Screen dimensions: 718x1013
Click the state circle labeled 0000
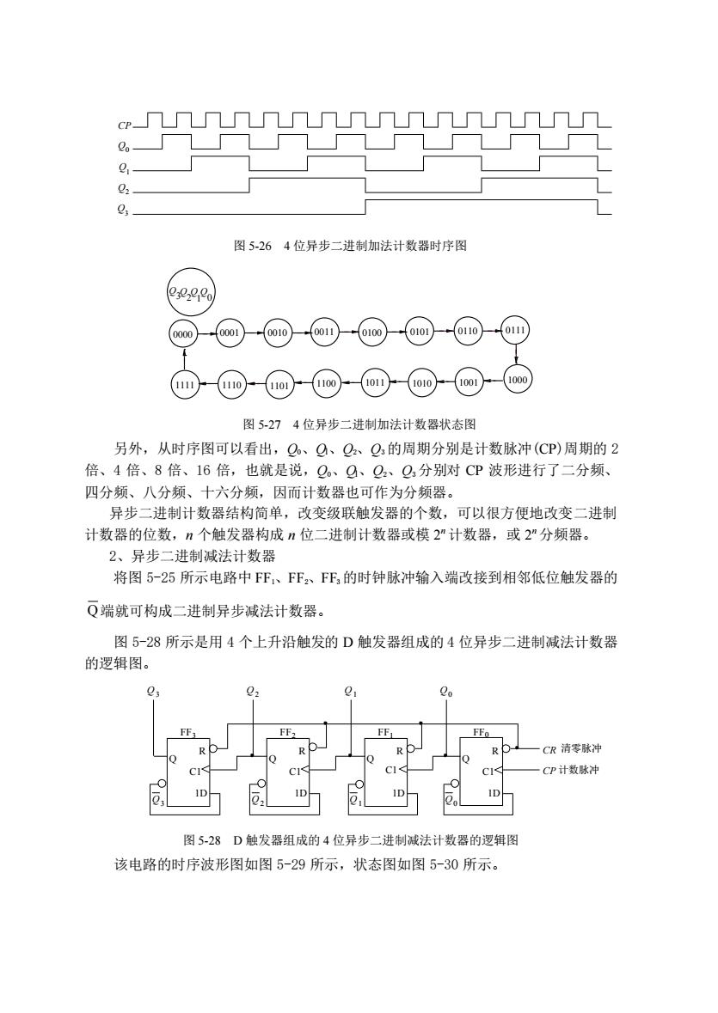(183, 334)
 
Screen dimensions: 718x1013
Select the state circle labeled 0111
(516, 330)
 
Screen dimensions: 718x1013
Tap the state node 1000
(517, 380)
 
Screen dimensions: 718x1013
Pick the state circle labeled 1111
(185, 384)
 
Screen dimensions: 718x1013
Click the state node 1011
(375, 382)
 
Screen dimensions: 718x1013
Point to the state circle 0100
(371, 333)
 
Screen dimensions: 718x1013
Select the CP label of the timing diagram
(125, 125)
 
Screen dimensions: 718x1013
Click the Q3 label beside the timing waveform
(124, 210)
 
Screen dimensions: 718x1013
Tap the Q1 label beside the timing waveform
(124, 168)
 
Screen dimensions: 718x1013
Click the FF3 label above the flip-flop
(188, 733)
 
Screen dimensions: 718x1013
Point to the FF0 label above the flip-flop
(481, 733)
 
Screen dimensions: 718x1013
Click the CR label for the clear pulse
(549, 750)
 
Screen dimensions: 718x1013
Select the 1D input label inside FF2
(300, 793)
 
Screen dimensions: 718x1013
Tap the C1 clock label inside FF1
(391, 770)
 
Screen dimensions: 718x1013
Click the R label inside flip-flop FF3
(202, 751)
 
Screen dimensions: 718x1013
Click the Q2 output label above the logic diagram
(253, 692)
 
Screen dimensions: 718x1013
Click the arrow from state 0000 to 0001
(207, 334)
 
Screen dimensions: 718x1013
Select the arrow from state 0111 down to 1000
(517, 356)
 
